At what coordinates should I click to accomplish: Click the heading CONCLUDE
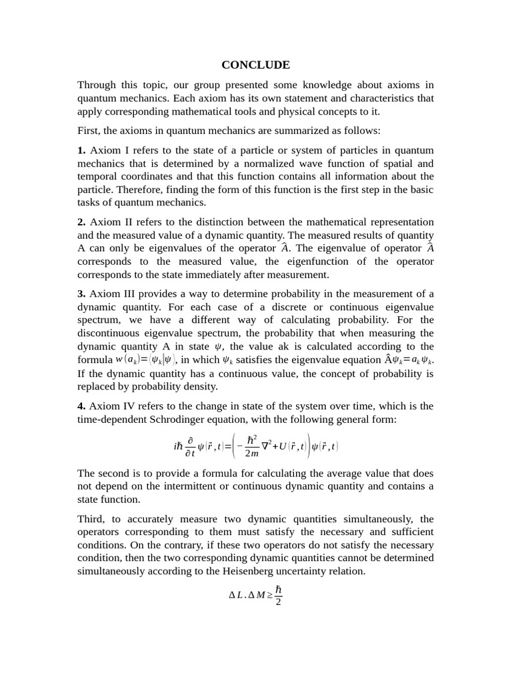point(256,65)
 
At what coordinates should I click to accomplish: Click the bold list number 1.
point(81,150)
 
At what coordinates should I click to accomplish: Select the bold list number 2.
point(81,222)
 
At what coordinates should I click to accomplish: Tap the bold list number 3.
point(81,294)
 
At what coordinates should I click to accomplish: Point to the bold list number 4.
point(81,406)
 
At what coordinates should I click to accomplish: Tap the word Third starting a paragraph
point(92,519)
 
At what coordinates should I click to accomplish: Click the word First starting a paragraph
point(90,130)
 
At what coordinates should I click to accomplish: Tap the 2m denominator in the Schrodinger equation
point(252,454)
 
